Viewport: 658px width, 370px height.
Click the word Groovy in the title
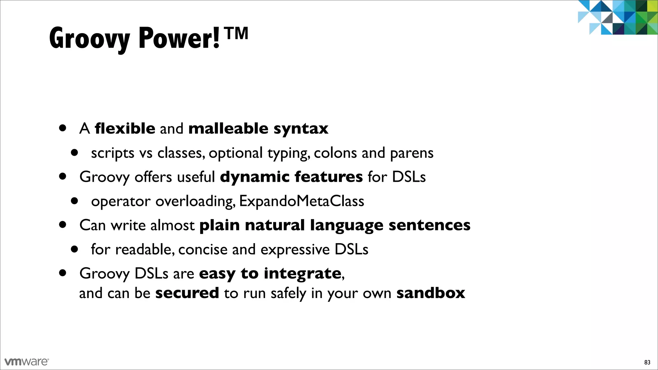tap(89, 39)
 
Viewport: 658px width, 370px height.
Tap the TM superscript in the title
tap(237, 33)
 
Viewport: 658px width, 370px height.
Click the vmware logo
tap(27, 362)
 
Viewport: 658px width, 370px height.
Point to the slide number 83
tap(647, 362)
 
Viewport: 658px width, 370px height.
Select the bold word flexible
tap(125, 128)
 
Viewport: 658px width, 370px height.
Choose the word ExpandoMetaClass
tap(301, 201)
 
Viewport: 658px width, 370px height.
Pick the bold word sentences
tap(429, 225)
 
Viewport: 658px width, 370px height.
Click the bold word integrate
tap(302, 274)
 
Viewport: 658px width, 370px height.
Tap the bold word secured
tap(187, 293)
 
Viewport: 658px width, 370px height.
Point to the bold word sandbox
tap(431, 293)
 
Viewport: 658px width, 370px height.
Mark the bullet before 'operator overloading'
tap(75, 201)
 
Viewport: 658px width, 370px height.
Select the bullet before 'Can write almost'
tap(63, 225)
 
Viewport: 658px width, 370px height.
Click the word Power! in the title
tap(179, 39)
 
